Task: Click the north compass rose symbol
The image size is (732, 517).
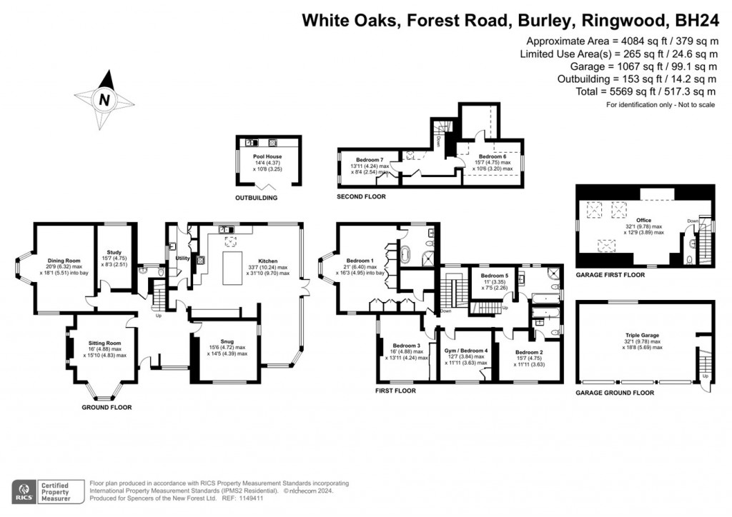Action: tap(104, 99)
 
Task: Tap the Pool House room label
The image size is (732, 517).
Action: tap(267, 156)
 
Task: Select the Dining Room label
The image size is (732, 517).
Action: tap(61, 261)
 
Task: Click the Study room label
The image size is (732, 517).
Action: tap(114, 251)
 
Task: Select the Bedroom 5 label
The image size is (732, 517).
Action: tap(494, 275)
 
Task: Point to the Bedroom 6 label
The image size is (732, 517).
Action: tap(493, 156)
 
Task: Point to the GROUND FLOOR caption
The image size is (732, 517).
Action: tap(107, 407)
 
